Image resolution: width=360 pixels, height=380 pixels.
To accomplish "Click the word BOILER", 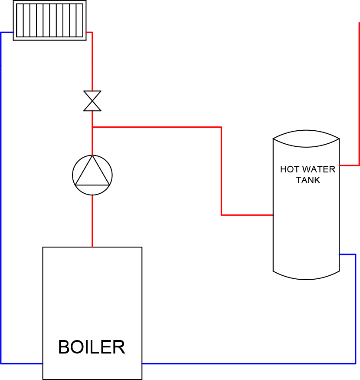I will coord(92,347).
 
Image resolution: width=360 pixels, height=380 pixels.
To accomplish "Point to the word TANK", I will coord(308,180).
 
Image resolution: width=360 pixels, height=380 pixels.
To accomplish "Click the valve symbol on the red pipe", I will coord(92,101).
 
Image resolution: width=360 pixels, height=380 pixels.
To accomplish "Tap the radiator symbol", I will coord(49,20).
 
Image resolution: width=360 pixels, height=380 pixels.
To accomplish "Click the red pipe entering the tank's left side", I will coord(247,215).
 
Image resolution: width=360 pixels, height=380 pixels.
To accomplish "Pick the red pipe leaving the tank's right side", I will coord(350,165).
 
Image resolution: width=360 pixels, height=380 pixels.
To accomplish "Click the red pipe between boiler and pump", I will coord(92,221).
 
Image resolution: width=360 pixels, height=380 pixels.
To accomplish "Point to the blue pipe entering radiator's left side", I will coord(7,32).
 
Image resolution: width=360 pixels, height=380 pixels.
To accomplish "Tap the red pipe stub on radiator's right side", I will coord(89,32).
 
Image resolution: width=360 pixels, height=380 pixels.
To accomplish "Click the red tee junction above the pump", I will coord(92,127).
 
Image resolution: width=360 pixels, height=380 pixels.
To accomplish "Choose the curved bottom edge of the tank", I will coord(306,277).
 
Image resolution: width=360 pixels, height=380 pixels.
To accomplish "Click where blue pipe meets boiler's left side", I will coord(43,363).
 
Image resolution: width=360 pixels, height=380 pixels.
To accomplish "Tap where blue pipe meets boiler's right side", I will coord(142,363).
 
